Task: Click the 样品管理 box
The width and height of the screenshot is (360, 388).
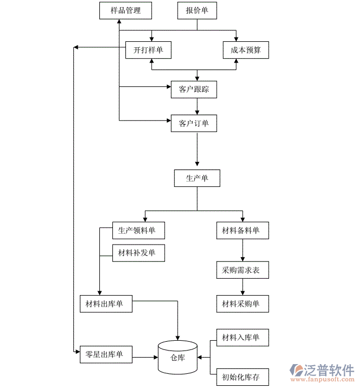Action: (125, 10)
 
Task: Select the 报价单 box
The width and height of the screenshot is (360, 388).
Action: (197, 10)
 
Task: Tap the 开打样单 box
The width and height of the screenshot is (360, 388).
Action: (148, 51)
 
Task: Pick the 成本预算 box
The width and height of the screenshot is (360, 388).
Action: (245, 51)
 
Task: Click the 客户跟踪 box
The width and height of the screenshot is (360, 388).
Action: (194, 90)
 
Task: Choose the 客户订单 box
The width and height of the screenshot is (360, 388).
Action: (194, 123)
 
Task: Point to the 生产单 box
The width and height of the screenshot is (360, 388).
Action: (197, 178)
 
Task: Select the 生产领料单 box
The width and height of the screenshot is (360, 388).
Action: (137, 230)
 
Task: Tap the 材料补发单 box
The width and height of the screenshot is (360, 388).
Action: (137, 253)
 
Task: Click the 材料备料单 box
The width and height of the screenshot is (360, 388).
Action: (242, 230)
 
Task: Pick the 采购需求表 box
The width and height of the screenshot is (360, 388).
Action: (242, 270)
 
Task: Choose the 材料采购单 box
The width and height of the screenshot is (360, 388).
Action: (242, 303)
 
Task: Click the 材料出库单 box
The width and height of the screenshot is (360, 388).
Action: (105, 303)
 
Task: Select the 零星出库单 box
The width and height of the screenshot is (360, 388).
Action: (105, 355)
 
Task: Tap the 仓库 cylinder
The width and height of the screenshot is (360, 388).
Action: (178, 357)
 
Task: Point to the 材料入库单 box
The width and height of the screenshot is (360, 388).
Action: (242, 338)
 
